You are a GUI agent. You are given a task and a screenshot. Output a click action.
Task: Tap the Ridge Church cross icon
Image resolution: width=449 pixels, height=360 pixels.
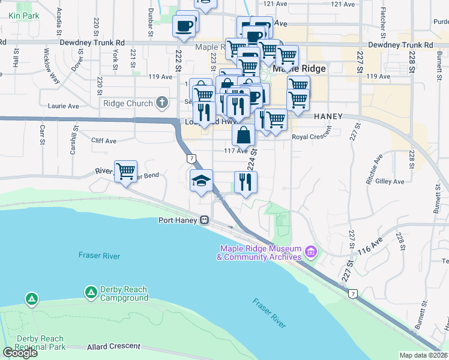[x=161, y=103]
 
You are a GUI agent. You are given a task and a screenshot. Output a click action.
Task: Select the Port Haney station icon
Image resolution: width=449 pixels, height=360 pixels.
[x=205, y=220]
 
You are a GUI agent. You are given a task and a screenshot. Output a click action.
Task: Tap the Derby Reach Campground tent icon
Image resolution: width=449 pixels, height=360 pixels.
[x=91, y=292]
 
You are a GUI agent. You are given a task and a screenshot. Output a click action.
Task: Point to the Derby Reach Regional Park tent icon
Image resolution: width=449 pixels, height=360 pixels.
[x=31, y=298]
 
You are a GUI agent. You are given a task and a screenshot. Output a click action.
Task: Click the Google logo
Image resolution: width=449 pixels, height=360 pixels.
[x=20, y=353]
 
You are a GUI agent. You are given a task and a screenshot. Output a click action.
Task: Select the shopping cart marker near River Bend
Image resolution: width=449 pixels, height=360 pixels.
[x=126, y=172]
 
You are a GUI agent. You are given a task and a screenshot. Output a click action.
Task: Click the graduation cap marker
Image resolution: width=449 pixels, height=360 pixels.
[x=201, y=181]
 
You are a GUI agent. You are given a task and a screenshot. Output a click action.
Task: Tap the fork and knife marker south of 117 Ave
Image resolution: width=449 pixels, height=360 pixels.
[x=245, y=182]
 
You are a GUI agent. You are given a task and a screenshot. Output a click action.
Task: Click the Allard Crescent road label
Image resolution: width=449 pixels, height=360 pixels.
[x=113, y=347]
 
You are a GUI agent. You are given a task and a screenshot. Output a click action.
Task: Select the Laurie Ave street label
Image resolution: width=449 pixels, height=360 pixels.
[x=64, y=106]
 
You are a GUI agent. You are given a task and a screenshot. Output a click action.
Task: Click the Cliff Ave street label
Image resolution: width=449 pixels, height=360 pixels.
[x=103, y=141]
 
